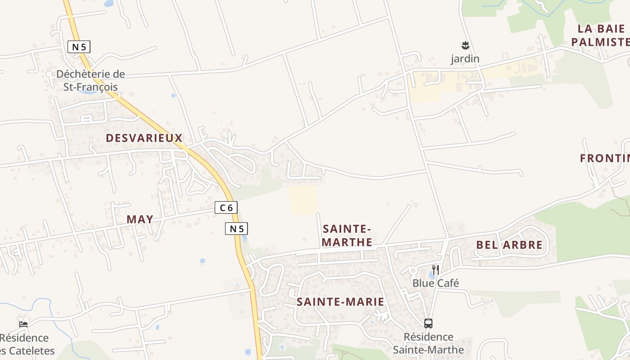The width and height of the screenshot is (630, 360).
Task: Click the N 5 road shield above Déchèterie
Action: [x=79, y=47]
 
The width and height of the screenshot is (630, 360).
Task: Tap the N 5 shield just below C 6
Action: [x=236, y=229]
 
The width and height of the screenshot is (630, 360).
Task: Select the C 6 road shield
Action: [x=226, y=207]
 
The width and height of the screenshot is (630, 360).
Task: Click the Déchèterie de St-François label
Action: [x=90, y=81]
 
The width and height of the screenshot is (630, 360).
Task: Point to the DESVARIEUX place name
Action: [x=144, y=138]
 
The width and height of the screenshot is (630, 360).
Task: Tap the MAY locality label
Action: [x=140, y=219]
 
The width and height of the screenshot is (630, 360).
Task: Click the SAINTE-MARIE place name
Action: [x=341, y=302]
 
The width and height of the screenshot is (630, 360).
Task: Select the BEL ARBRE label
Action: [x=509, y=245]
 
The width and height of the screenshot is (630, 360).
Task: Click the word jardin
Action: [x=465, y=59]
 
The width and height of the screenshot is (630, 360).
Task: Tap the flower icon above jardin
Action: [x=465, y=45]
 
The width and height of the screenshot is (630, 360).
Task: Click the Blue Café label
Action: [x=436, y=283]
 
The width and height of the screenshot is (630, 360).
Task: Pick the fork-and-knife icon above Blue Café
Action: [x=436, y=270]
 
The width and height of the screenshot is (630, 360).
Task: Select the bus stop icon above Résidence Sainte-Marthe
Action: [x=428, y=323]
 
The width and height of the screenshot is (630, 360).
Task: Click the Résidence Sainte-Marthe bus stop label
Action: [x=428, y=343]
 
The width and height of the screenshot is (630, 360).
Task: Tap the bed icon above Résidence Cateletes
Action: [x=23, y=324]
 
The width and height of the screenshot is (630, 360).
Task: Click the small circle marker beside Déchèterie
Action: [x=49, y=73]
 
